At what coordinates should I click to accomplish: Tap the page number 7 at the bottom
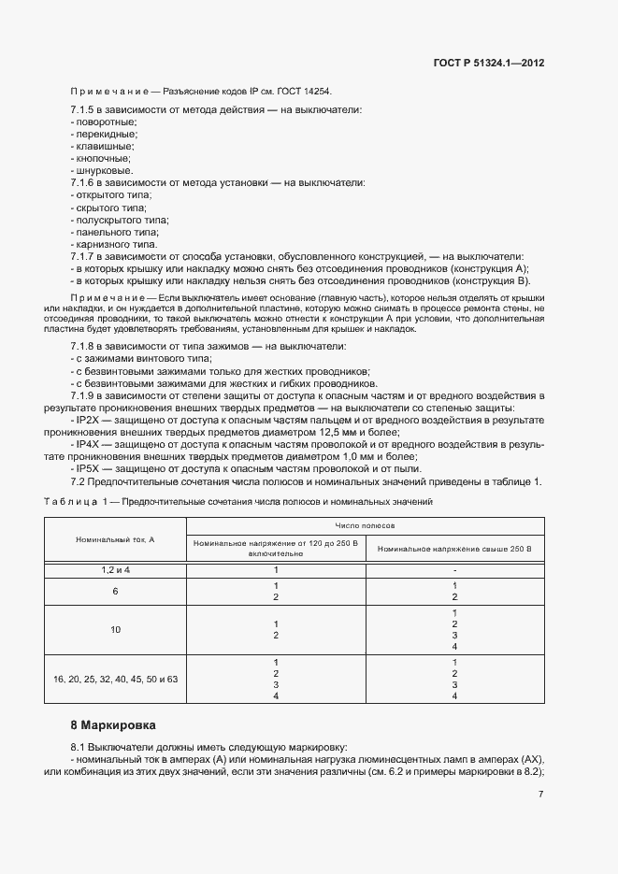point(541,795)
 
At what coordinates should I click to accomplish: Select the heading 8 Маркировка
point(113,724)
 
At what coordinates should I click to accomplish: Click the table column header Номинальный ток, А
point(115,539)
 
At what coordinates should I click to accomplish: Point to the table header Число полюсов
point(365,527)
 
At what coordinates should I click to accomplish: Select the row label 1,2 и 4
point(115,569)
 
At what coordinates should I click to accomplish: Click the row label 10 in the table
point(115,630)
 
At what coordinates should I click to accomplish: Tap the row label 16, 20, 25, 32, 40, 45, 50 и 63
point(115,679)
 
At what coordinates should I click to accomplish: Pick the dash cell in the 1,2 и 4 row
point(453,569)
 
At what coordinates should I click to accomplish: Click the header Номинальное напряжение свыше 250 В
point(453,548)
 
